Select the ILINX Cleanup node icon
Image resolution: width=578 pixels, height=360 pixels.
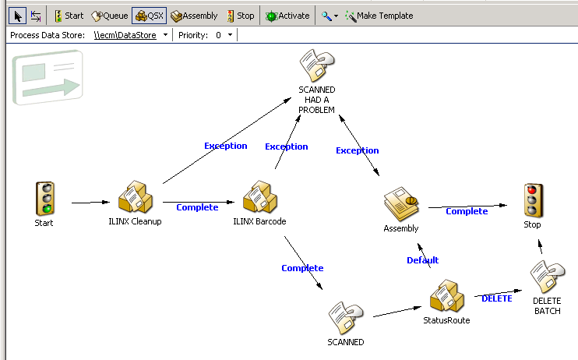coord(135,199)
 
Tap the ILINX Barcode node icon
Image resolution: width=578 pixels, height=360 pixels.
coord(259,199)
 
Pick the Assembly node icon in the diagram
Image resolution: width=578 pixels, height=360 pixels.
coord(400,205)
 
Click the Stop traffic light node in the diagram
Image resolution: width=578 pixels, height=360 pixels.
coord(532,199)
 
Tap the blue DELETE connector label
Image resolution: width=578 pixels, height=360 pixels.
coord(497,298)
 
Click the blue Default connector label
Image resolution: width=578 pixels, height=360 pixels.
coord(422,260)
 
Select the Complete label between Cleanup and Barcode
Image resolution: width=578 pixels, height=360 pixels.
coord(197,207)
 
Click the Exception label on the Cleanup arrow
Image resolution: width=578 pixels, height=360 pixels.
coord(225,146)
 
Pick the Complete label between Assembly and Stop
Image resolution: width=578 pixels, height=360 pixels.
coord(467,211)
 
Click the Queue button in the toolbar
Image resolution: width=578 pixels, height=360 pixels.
coord(110,16)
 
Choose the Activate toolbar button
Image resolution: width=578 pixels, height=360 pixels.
coord(287,16)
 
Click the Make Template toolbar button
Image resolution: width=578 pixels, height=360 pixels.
coord(379,16)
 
